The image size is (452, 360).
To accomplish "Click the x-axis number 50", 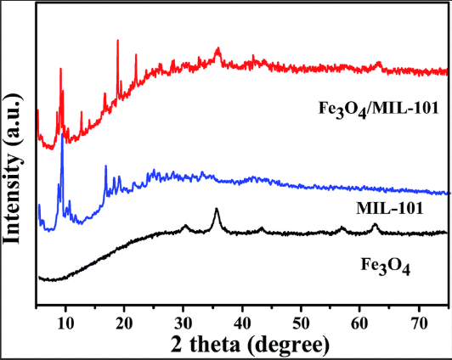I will (302, 323).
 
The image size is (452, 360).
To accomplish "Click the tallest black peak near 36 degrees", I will (217, 209).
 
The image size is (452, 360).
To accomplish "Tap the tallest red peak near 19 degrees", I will (117, 41).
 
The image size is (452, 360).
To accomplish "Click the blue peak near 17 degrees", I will (105, 166).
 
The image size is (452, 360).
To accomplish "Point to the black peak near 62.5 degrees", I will (375, 224).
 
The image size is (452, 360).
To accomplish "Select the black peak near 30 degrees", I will (185, 226).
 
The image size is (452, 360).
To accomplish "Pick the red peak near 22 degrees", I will (136, 55).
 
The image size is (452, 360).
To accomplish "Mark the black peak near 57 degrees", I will (342, 228).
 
